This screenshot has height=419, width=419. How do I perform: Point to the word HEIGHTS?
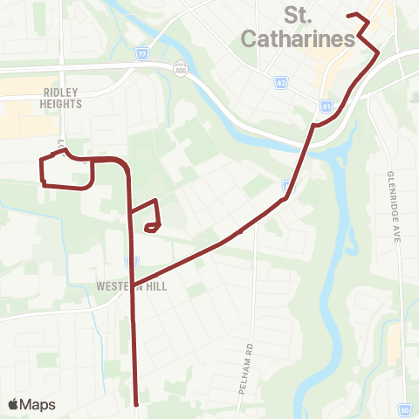pyautogui.click(x=61, y=103)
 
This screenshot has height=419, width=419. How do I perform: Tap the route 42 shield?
pyautogui.click(x=280, y=81)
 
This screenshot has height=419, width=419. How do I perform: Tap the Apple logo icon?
pyautogui.click(x=14, y=404)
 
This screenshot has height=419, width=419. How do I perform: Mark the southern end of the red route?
pyautogui.click(x=137, y=404)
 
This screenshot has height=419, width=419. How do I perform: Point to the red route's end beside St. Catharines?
pyautogui.click(x=348, y=16)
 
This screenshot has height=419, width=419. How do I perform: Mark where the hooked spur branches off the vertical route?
pyautogui.click(x=131, y=212)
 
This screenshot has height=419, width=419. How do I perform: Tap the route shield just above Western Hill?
pyautogui.click(x=132, y=261)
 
